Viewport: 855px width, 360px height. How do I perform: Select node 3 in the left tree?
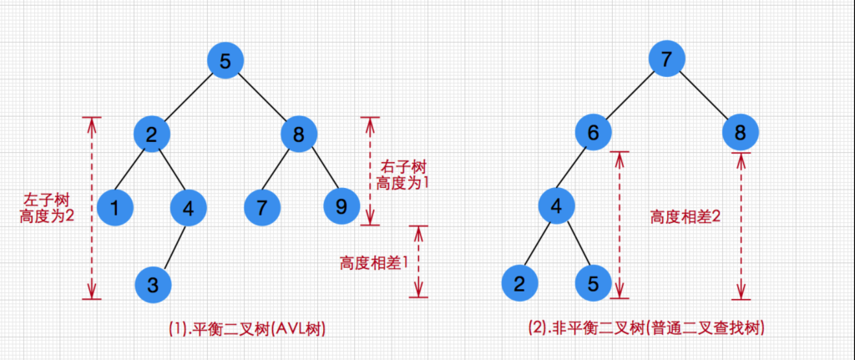click(153, 283)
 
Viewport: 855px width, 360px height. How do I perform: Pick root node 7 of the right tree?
click(665, 61)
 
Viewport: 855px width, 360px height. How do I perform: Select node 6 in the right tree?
click(592, 133)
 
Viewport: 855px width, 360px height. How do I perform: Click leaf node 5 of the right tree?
click(593, 283)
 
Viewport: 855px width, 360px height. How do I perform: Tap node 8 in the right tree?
click(740, 133)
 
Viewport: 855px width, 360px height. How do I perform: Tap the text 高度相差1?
click(373, 263)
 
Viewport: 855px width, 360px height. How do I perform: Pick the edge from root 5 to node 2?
click(189, 98)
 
